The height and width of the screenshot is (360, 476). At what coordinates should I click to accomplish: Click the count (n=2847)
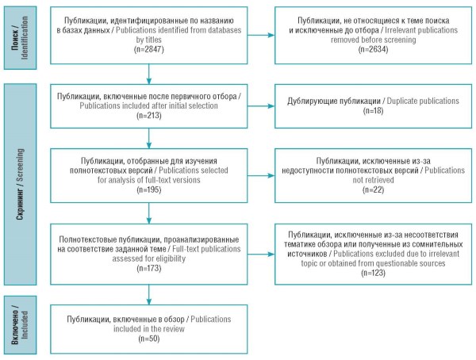pos(149,49)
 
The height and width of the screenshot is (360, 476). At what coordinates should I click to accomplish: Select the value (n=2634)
pos(373,49)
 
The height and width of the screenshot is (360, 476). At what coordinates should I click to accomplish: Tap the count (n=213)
pos(149,116)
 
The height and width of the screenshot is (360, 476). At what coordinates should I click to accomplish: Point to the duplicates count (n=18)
pos(373,111)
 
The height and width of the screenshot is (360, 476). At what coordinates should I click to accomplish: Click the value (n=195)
pos(149,190)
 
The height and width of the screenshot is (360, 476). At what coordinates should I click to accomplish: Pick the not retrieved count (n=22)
pos(373,190)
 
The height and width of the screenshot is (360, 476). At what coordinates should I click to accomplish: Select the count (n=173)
pos(149,268)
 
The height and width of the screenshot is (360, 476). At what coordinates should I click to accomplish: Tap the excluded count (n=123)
pos(373,273)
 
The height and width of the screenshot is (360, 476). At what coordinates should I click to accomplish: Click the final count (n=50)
pos(149,339)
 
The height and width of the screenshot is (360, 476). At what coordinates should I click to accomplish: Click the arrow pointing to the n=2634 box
pos(261,35)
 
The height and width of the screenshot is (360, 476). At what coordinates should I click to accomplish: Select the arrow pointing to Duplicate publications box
pos(261,106)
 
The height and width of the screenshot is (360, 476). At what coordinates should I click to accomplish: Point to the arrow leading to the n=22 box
pos(261,175)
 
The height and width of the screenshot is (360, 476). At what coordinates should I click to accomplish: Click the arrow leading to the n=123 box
pos(261,254)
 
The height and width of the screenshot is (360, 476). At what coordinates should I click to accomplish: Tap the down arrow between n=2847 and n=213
pos(149,74)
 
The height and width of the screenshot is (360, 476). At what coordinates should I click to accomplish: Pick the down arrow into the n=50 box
pos(149,295)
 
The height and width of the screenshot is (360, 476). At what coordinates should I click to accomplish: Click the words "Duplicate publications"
pos(423,101)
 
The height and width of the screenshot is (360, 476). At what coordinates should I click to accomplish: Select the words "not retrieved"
pos(373,180)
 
